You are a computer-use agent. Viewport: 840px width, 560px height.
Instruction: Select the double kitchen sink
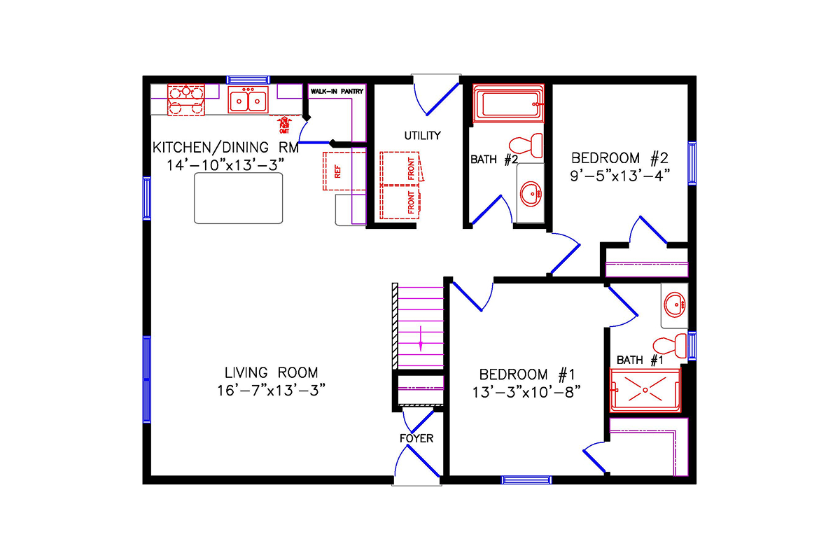click(248, 100)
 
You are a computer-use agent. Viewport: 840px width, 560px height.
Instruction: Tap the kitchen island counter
click(239, 198)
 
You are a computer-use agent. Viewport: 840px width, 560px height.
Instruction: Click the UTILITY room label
click(422, 135)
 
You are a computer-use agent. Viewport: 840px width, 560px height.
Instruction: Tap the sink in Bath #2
click(531, 191)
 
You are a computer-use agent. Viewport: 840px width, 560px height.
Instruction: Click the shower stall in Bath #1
click(645, 389)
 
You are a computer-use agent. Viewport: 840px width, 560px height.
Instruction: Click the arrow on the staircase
click(420, 338)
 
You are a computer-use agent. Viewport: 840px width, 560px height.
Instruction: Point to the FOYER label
click(416, 439)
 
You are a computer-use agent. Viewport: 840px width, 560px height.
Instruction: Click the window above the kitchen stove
click(248, 80)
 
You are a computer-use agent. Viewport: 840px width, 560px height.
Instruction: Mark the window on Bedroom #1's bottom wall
click(526, 479)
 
